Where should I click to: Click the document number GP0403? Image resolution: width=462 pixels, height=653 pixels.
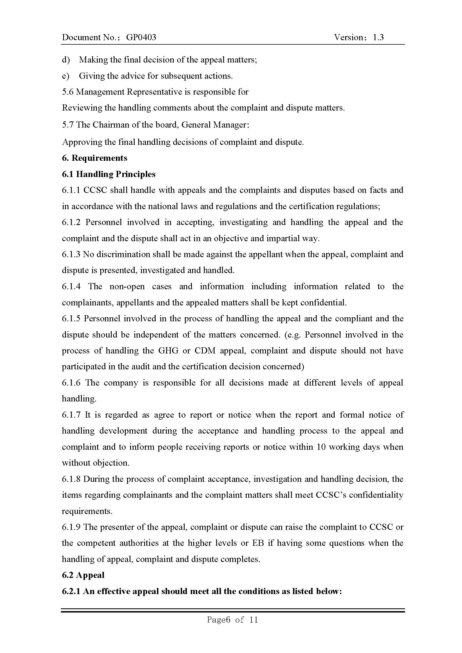coord(141,37)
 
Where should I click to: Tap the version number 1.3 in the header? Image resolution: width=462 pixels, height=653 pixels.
coord(378,37)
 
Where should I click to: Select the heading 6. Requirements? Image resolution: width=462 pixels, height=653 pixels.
coord(94,158)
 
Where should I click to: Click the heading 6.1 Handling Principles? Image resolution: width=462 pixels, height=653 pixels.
coord(109,174)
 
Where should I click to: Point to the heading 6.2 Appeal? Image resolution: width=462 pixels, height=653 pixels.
coord(83,575)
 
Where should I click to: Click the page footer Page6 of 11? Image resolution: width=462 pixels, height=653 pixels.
coord(232,620)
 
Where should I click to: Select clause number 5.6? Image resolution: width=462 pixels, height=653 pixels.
coord(67,92)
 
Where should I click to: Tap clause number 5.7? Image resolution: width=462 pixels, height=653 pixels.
coord(67,125)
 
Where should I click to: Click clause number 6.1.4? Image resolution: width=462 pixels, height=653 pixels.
coord(71,286)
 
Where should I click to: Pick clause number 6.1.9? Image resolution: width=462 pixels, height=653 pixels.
coord(71,527)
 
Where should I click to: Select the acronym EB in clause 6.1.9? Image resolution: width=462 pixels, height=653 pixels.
coord(258,543)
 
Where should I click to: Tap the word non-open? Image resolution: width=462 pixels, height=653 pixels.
coord(127,286)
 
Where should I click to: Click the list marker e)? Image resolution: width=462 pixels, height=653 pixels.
coord(65,76)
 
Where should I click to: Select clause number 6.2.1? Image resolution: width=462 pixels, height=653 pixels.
coord(71,591)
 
